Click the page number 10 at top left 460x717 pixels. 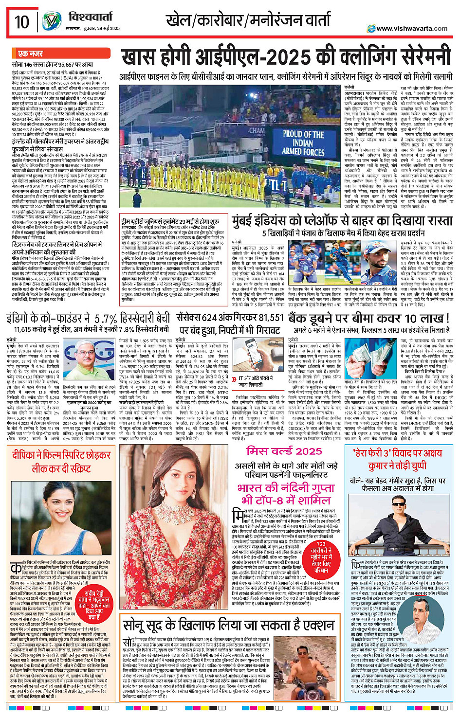pyautogui.click(x=22, y=22)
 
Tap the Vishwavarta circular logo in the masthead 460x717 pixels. pyautogui.click(x=52, y=21)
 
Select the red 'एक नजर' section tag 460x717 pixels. pyautogui.click(x=30, y=54)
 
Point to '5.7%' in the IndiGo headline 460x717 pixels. pyautogui.click(x=106, y=319)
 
